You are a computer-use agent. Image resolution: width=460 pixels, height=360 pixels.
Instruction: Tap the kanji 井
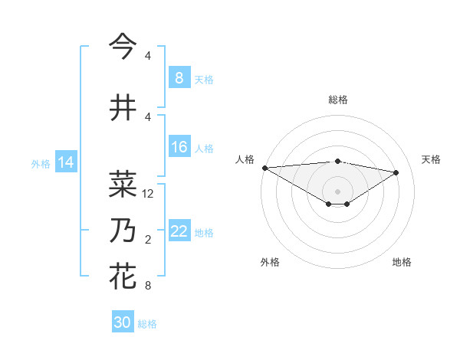click(123, 107)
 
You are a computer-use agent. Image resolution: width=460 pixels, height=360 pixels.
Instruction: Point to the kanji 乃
click(123, 230)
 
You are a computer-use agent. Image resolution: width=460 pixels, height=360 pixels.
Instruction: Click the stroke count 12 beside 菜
click(149, 194)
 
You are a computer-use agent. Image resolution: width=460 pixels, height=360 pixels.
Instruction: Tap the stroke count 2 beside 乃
click(148, 240)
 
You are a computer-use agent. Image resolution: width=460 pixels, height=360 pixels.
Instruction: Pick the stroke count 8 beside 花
click(148, 286)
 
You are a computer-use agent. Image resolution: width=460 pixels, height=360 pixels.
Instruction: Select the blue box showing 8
click(179, 78)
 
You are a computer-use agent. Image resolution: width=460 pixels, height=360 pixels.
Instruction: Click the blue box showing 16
click(179, 147)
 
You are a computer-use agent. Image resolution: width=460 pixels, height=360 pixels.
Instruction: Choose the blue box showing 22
click(179, 231)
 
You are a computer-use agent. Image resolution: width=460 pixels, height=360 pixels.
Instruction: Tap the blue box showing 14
click(65, 162)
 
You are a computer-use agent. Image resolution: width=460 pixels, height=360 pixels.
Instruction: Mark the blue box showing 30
click(123, 322)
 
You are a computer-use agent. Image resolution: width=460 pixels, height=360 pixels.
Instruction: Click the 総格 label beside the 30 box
click(147, 324)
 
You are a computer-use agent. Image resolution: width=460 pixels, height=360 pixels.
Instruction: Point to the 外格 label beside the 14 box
click(41, 163)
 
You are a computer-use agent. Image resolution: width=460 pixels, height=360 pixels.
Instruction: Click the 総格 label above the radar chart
click(337, 100)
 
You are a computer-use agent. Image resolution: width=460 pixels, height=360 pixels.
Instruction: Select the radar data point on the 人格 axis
click(264, 167)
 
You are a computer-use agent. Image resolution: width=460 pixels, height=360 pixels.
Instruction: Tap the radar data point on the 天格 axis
click(396, 172)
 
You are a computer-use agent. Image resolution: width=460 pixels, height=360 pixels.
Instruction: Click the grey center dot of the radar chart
click(337, 190)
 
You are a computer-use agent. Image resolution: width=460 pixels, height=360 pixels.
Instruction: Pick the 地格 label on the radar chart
click(402, 262)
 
